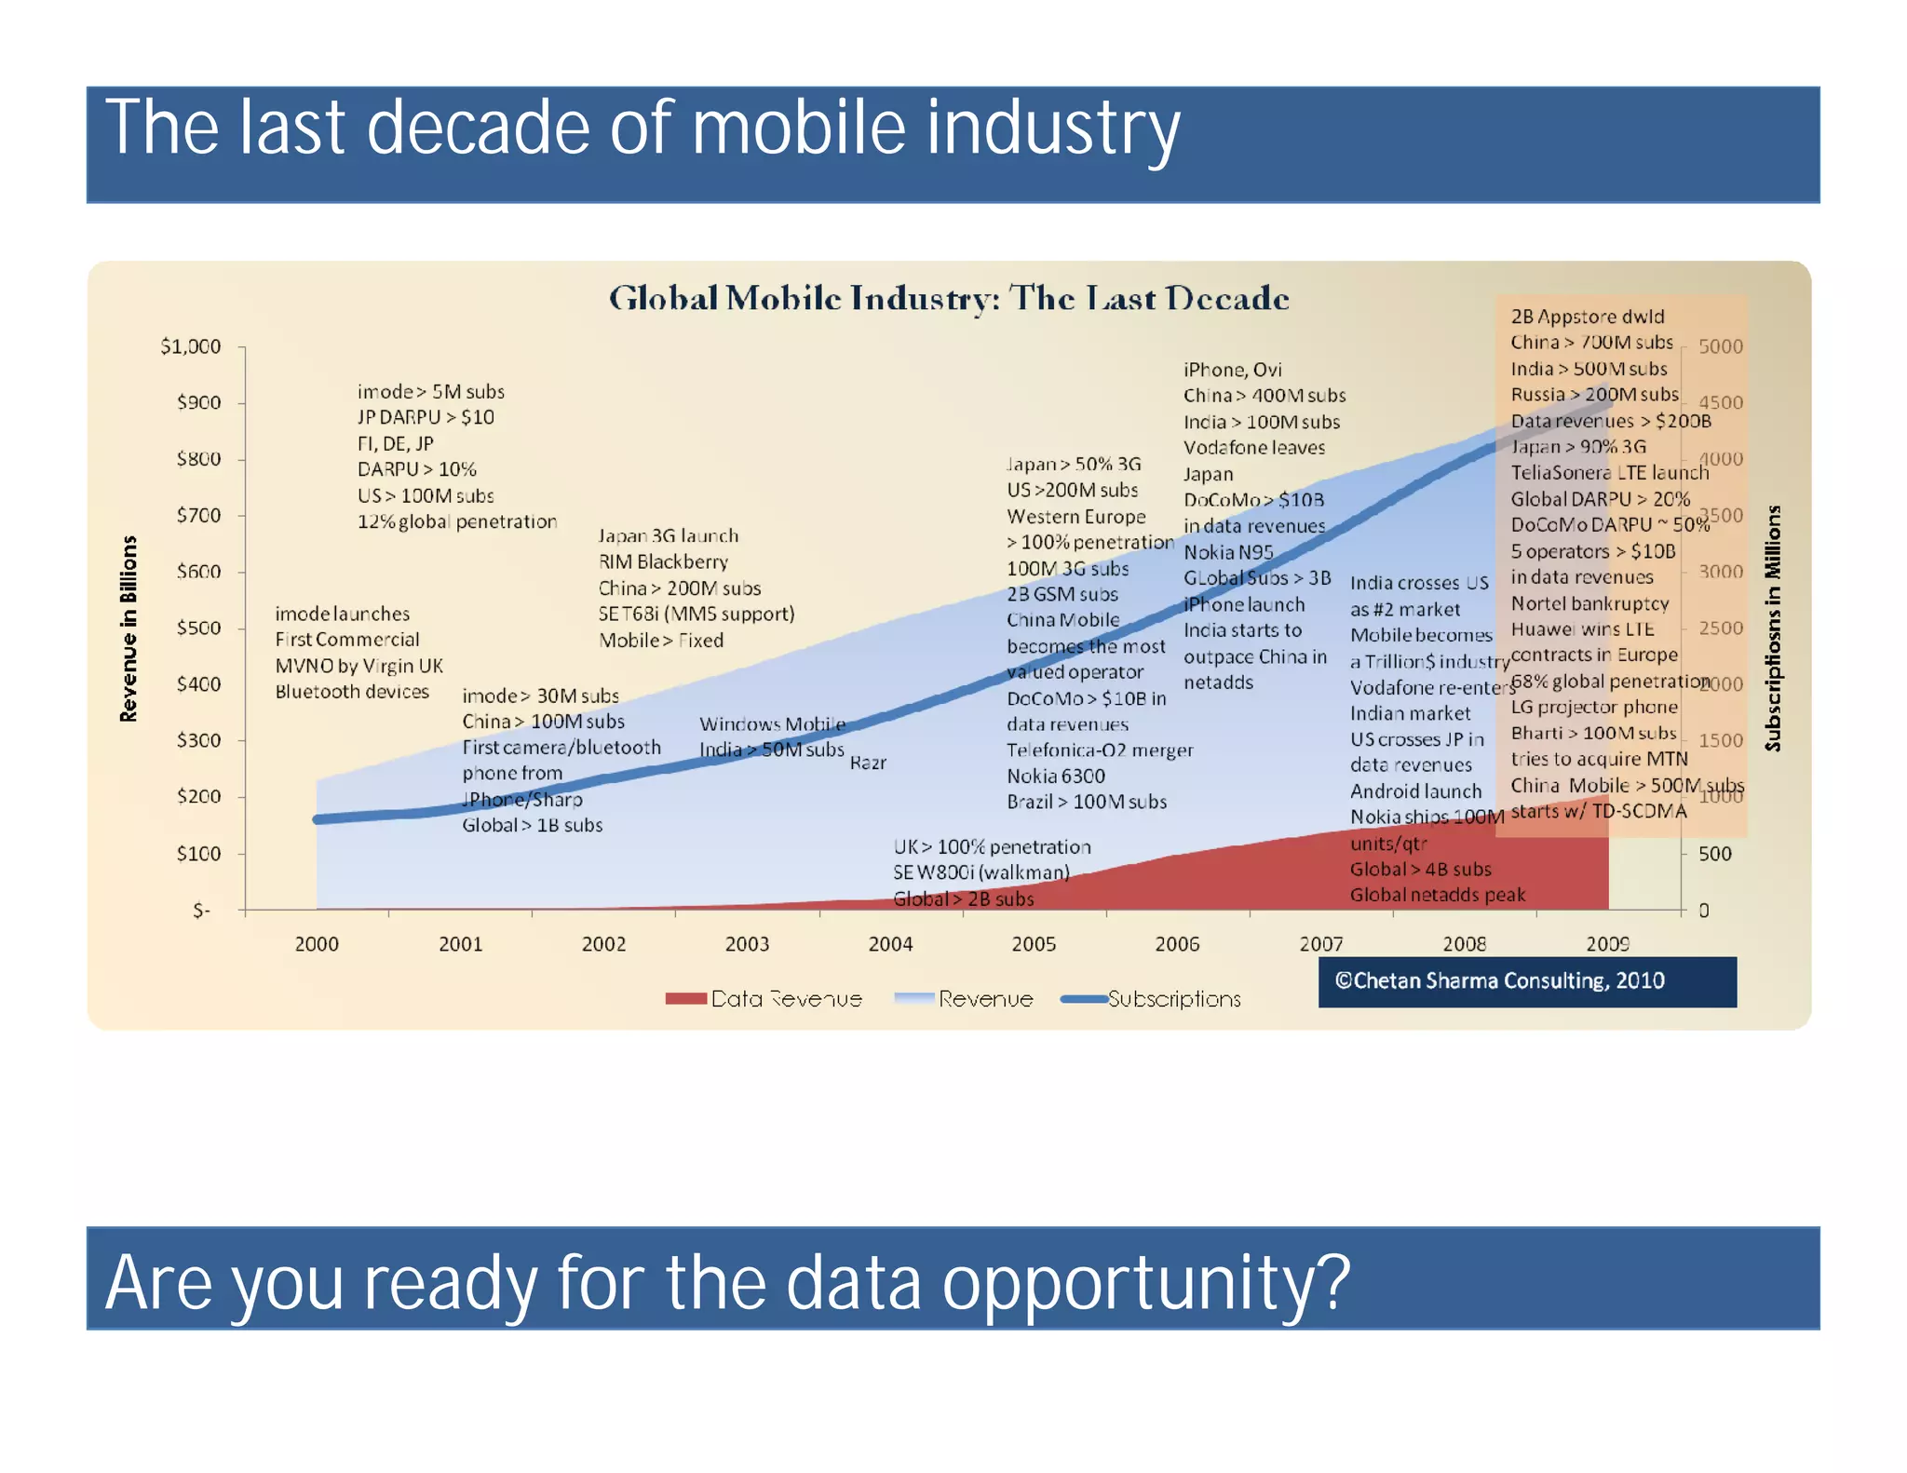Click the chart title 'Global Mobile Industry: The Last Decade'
pyautogui.click(x=948, y=299)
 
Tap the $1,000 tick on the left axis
pyautogui.click(x=191, y=347)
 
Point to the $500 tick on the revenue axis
pyautogui.click(x=198, y=628)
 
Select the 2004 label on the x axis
pyautogui.click(x=890, y=944)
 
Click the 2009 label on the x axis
pyautogui.click(x=1607, y=944)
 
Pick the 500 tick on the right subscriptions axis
pyautogui.click(x=1714, y=854)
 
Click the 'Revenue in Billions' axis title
pyautogui.click(x=128, y=629)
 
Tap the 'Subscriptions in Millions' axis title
pyautogui.click(x=1772, y=629)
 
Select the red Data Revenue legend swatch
pyautogui.click(x=686, y=999)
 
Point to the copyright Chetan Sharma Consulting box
pyautogui.click(x=1527, y=981)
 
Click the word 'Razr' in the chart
pyautogui.click(x=868, y=764)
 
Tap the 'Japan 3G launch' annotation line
pyautogui.click(x=668, y=536)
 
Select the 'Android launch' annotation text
pyautogui.click(x=1415, y=791)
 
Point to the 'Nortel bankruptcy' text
pyautogui.click(x=1589, y=603)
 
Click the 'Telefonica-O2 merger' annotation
pyautogui.click(x=1099, y=750)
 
